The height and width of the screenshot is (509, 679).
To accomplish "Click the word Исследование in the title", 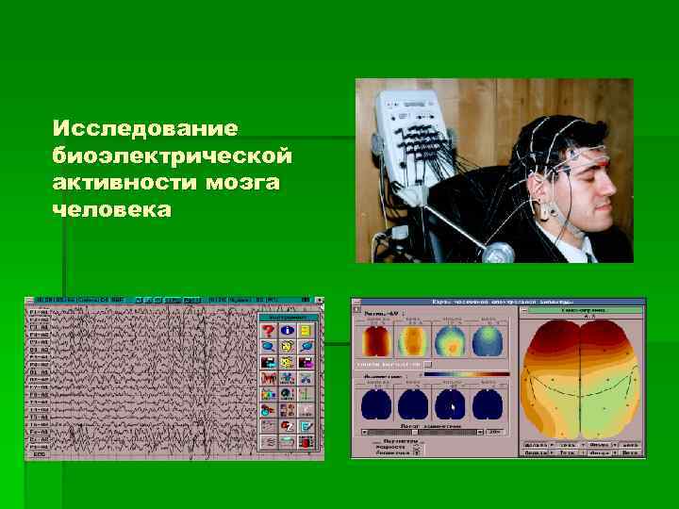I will coord(145,126).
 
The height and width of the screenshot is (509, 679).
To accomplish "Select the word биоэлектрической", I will coord(172,154).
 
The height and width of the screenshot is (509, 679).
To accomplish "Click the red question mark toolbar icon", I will coord(270,331).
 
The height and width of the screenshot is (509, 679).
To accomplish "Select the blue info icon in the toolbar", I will coord(288,331).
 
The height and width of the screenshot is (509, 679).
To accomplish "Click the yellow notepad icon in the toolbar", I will coord(306,331).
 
